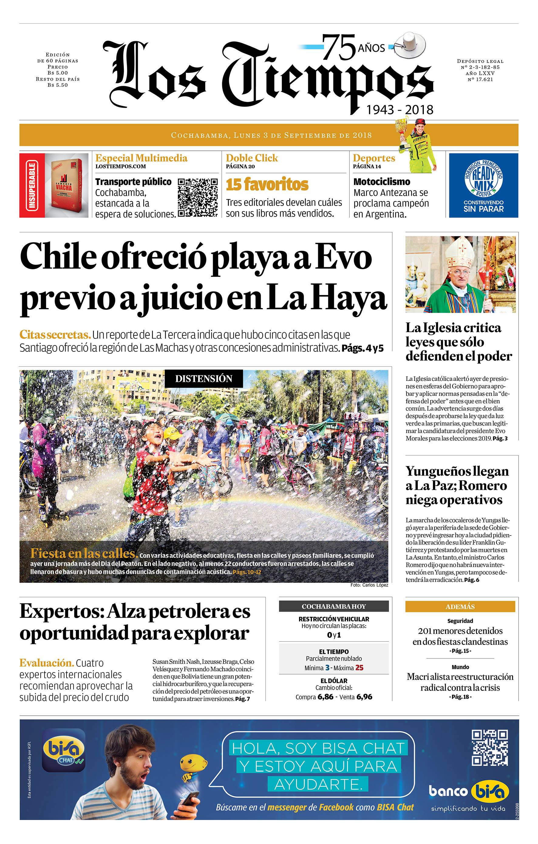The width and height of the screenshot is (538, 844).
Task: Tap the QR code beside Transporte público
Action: click(x=198, y=197)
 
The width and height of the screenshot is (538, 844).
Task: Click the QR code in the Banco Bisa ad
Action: click(x=489, y=748)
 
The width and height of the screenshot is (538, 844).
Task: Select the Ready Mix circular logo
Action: click(x=484, y=178)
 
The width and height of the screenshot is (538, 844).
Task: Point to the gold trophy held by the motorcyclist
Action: click(x=402, y=130)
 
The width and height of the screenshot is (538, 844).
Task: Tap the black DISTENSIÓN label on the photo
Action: click(x=203, y=378)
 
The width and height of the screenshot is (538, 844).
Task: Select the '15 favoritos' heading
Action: click(x=267, y=184)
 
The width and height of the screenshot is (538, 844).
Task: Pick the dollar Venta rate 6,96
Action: click(x=364, y=696)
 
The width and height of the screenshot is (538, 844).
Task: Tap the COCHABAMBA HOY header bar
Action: click(x=333, y=606)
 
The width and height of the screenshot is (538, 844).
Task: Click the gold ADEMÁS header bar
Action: click(x=460, y=606)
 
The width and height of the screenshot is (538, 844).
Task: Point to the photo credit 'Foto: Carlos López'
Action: click(x=369, y=585)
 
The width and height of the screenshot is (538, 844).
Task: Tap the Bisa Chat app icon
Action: click(x=63, y=750)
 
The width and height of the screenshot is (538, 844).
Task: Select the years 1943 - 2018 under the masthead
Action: click(x=400, y=110)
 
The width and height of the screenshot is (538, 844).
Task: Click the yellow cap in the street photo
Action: click(x=172, y=432)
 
